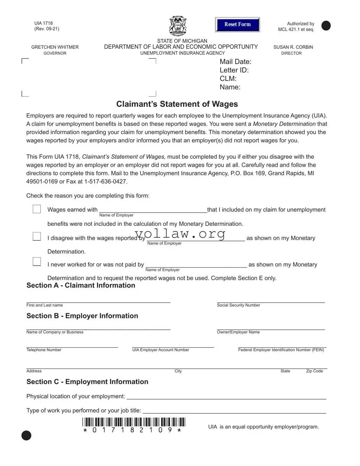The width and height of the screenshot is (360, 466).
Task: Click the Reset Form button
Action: click(x=237, y=24)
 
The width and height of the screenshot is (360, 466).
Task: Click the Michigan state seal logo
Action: click(x=178, y=26)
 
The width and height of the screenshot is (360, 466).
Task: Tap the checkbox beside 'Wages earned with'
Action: click(x=37, y=209)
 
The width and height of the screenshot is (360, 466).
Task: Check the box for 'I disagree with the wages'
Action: click(x=37, y=237)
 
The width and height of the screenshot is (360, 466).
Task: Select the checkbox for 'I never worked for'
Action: click(x=37, y=261)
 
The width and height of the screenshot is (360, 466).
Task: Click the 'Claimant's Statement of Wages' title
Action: click(x=177, y=104)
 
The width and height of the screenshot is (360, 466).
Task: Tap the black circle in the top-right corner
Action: click(x=326, y=26)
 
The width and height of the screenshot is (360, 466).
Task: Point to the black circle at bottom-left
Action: click(x=26, y=435)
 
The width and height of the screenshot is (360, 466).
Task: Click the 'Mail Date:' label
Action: click(x=235, y=62)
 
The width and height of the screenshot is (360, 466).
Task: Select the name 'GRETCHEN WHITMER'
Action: click(x=55, y=47)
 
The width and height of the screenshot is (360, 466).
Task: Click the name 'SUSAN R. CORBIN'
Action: click(x=293, y=47)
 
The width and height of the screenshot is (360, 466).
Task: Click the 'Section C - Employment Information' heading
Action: click(x=87, y=382)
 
